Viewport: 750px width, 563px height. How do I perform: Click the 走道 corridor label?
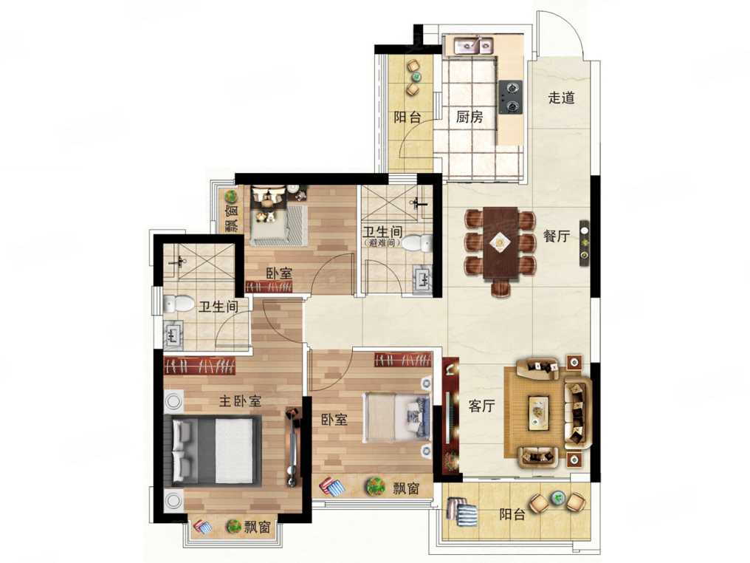coord(561,98)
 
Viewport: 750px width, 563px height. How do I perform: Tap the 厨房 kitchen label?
coord(469,117)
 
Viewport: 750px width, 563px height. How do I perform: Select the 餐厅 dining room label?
coord(557,236)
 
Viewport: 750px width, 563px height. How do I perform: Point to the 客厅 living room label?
coord(481,406)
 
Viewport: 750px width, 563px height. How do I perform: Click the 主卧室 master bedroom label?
coord(240,400)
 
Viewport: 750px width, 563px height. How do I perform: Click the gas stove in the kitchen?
coord(510,98)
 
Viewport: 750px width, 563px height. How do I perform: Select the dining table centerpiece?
coord(500,243)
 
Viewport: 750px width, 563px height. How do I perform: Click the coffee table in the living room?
coord(540,412)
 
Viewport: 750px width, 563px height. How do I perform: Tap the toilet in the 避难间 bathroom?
coord(416,244)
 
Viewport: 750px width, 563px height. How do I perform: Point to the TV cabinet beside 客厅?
coord(450,415)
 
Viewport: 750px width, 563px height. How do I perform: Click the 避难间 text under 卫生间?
coord(383,243)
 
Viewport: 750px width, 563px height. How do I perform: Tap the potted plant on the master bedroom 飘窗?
coord(234,526)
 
